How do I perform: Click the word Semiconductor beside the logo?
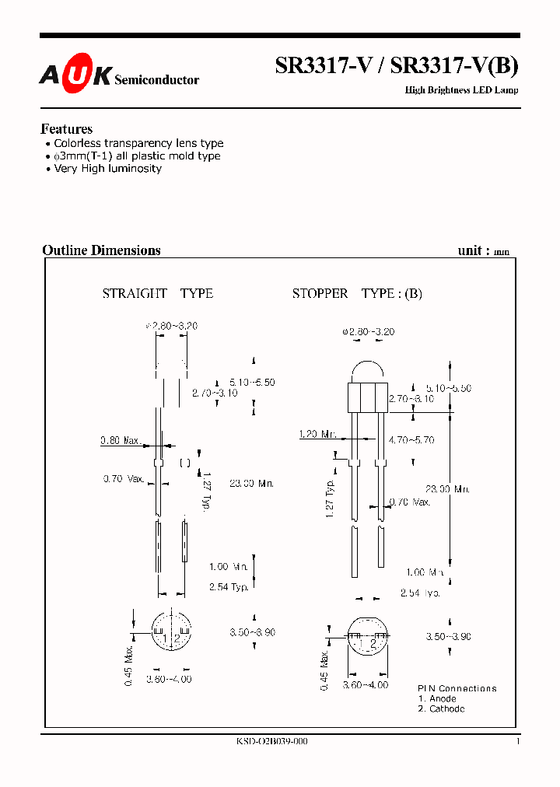(156, 80)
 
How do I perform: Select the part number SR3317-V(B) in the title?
(454, 66)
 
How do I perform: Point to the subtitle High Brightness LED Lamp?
(461, 91)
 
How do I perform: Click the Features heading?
(66, 129)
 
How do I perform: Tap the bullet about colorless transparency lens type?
(138, 143)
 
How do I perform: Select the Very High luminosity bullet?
(107, 168)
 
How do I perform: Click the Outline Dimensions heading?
(101, 250)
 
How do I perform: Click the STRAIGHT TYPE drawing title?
(158, 293)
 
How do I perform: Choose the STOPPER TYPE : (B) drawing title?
(357, 293)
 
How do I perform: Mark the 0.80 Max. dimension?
(120, 441)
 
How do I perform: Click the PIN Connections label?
(457, 688)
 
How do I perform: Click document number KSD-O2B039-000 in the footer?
(271, 741)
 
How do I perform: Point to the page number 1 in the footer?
(517, 741)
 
